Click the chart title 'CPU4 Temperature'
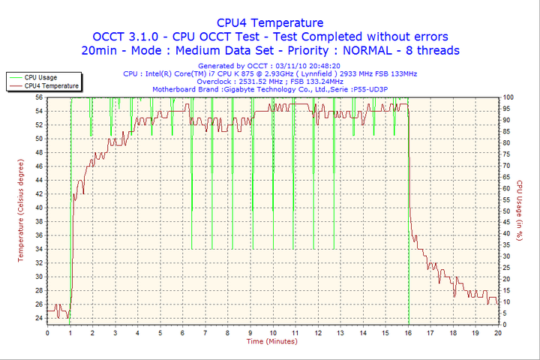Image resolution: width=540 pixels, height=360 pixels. [x=270, y=22]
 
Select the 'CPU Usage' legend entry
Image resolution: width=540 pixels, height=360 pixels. [x=40, y=77]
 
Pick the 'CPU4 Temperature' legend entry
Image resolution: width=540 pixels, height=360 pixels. [x=51, y=86]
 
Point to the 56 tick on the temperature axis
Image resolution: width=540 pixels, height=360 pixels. [x=39, y=97]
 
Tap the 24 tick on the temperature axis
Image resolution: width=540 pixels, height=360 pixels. [x=39, y=318]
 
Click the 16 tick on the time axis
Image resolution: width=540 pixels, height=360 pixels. [x=408, y=332]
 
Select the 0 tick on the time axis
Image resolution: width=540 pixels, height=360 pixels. [x=47, y=332]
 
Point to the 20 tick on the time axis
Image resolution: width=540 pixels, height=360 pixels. [x=498, y=332]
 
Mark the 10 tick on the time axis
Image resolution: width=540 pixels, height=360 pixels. [x=273, y=332]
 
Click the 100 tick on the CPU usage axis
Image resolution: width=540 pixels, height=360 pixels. [x=508, y=97]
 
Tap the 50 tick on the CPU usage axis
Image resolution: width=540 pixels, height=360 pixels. [x=507, y=211]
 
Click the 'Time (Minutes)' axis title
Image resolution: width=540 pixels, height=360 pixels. [x=271, y=341]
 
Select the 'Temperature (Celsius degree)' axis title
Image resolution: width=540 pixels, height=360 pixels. [x=21, y=211]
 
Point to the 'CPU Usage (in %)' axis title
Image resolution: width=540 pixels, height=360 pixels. [x=520, y=211]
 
